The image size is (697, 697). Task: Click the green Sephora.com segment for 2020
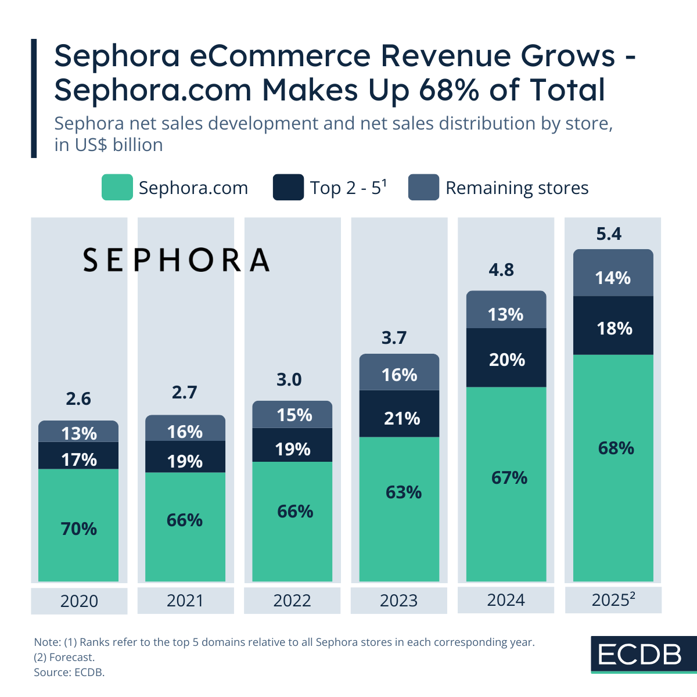click(78, 526)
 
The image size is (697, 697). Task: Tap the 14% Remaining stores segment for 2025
click(613, 274)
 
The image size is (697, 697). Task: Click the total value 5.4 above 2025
click(609, 234)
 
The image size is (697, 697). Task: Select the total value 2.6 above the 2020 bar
click(78, 399)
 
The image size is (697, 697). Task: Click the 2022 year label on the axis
click(292, 601)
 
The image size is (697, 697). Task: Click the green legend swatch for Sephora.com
click(117, 188)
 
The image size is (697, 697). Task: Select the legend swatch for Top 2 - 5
click(288, 188)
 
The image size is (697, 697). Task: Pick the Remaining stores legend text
click(517, 188)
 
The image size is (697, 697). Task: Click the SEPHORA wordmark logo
click(177, 260)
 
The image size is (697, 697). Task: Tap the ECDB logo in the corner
click(640, 655)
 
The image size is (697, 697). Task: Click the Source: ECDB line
click(69, 673)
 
